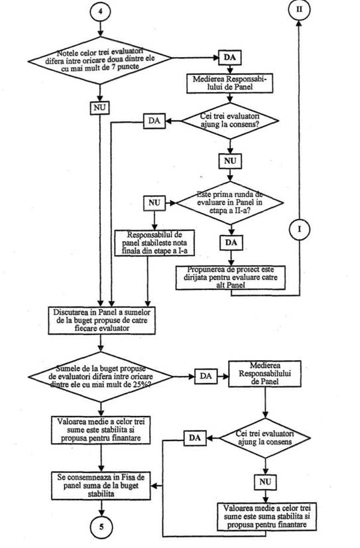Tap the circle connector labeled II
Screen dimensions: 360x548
(299, 9)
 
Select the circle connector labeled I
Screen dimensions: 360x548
(299, 230)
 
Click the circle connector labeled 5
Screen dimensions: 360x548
(101, 526)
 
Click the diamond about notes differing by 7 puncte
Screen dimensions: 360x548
(100, 60)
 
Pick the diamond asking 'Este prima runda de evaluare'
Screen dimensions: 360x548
(230, 203)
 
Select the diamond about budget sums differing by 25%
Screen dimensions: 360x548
(101, 377)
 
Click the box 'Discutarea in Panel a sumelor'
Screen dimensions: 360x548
(101, 320)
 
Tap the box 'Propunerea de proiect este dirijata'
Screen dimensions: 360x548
(231, 278)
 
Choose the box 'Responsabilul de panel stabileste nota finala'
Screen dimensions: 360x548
(154, 243)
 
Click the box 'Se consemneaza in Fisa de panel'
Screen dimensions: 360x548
(101, 486)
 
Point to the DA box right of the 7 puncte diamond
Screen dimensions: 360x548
(229, 58)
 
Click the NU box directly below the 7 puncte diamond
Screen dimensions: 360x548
(99, 107)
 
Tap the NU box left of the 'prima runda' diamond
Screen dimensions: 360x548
(154, 203)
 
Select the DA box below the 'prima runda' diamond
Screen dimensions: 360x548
(231, 243)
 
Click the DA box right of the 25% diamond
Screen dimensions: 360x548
(206, 376)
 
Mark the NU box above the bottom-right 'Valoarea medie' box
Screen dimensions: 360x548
(265, 482)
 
